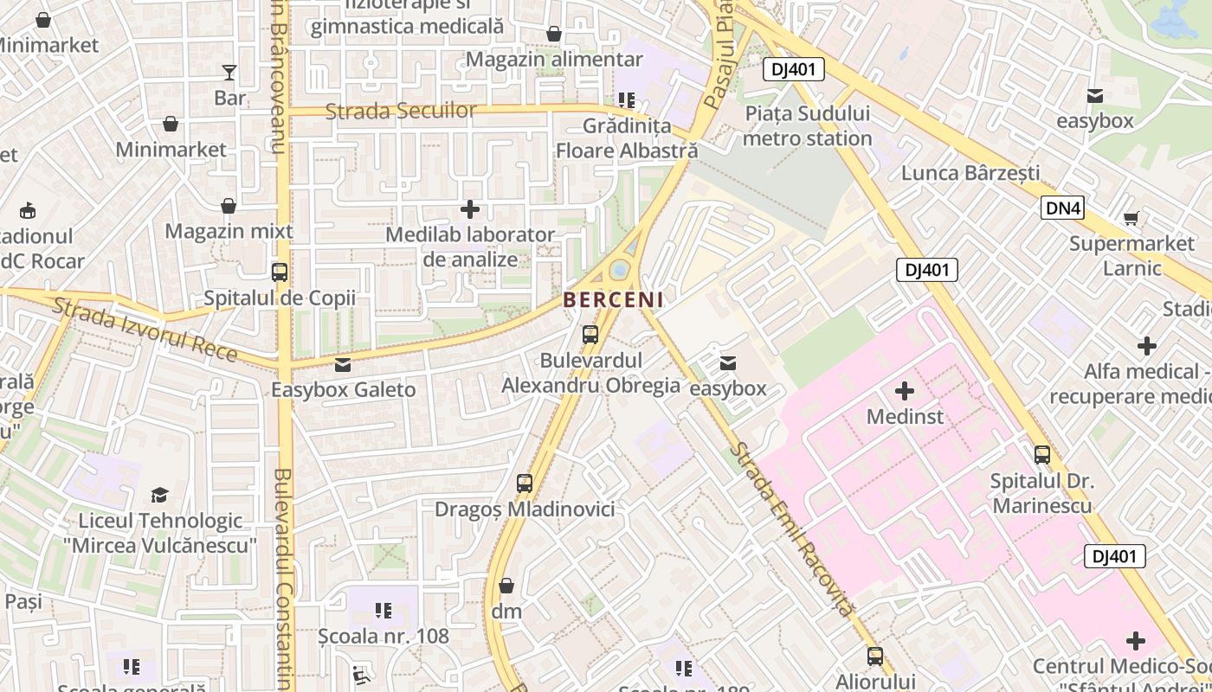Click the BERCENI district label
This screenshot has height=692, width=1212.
(x=613, y=300)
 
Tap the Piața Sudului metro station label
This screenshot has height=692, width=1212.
(x=808, y=126)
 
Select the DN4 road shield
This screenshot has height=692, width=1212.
(x=1063, y=208)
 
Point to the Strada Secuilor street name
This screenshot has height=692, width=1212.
(x=401, y=111)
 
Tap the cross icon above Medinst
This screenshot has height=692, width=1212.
(x=905, y=391)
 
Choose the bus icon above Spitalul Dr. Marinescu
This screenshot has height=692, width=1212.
(x=1042, y=455)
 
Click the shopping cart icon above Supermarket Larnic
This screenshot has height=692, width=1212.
(x=1131, y=218)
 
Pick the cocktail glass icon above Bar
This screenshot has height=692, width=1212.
(x=229, y=73)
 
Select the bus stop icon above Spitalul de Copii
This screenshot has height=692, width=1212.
(x=280, y=272)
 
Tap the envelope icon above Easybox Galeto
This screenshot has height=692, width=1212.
(x=343, y=365)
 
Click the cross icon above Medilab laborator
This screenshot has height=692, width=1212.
(x=470, y=209)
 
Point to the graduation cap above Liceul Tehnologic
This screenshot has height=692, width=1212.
(x=159, y=496)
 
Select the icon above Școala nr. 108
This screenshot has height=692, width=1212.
(x=384, y=612)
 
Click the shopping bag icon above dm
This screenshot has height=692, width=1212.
(x=506, y=586)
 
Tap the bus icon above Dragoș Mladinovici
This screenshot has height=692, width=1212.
(x=524, y=484)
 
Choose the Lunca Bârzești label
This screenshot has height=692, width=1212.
(x=970, y=173)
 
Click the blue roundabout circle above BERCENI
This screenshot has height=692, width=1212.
(x=620, y=271)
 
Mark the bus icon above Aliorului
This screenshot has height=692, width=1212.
(x=875, y=657)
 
